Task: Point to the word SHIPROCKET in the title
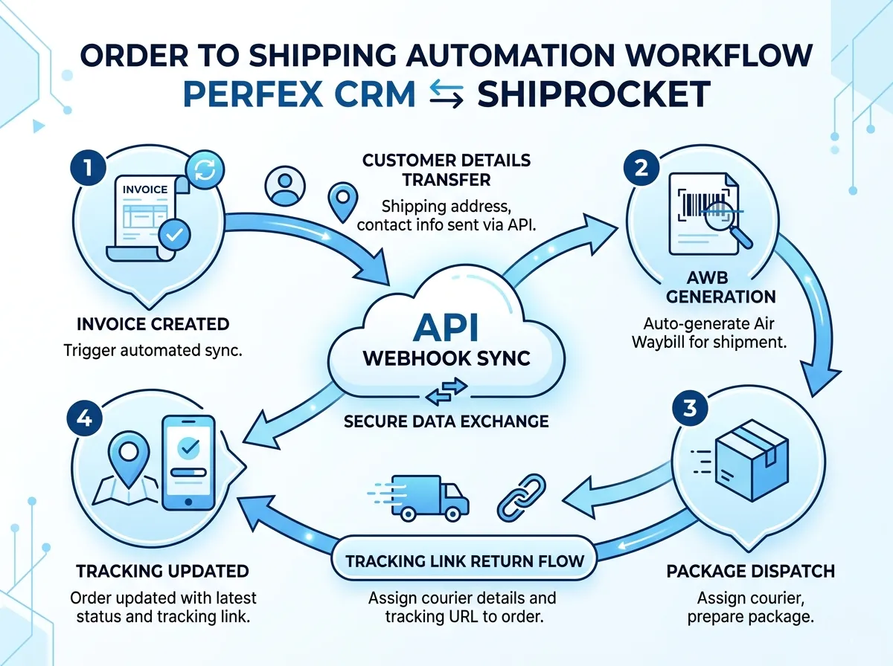(x=592, y=95)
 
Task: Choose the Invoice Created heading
(x=153, y=324)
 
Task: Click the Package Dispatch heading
(x=750, y=572)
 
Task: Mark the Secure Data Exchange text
(x=446, y=421)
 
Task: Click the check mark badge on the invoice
(x=174, y=235)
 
